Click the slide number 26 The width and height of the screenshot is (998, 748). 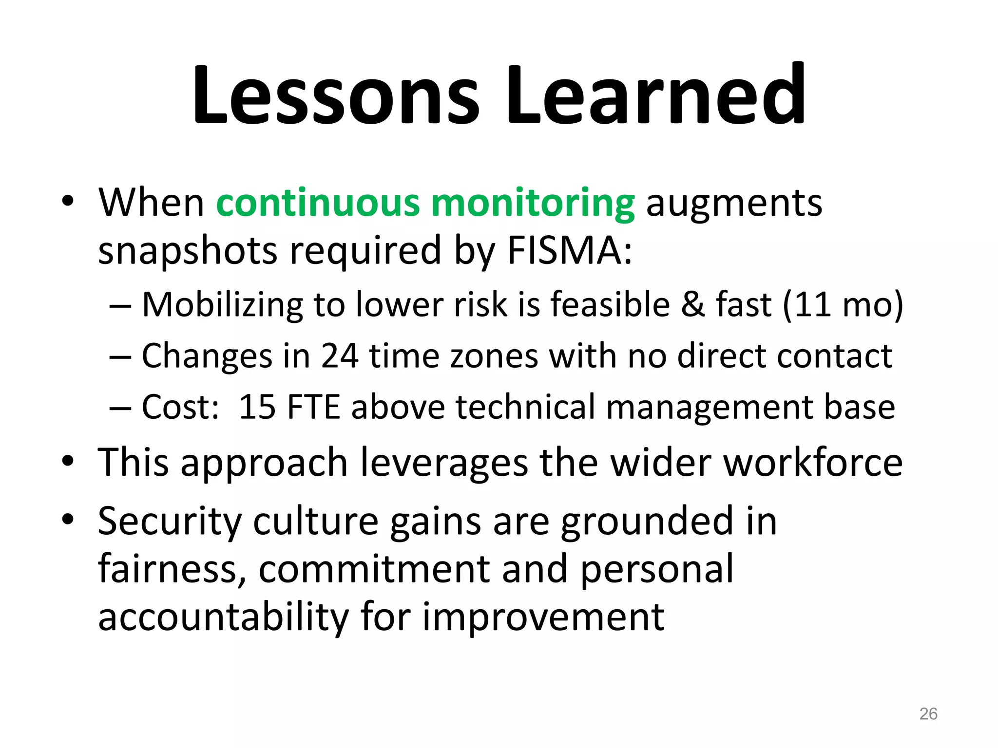click(928, 714)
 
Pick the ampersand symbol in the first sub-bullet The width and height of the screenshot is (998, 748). click(692, 305)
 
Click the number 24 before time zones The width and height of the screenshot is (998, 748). click(340, 356)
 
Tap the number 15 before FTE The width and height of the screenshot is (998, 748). click(257, 407)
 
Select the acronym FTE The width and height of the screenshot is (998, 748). click(314, 407)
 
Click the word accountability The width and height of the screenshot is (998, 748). click(224, 617)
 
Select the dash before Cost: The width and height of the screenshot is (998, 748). click(120, 408)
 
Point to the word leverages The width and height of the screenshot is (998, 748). click(444, 463)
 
